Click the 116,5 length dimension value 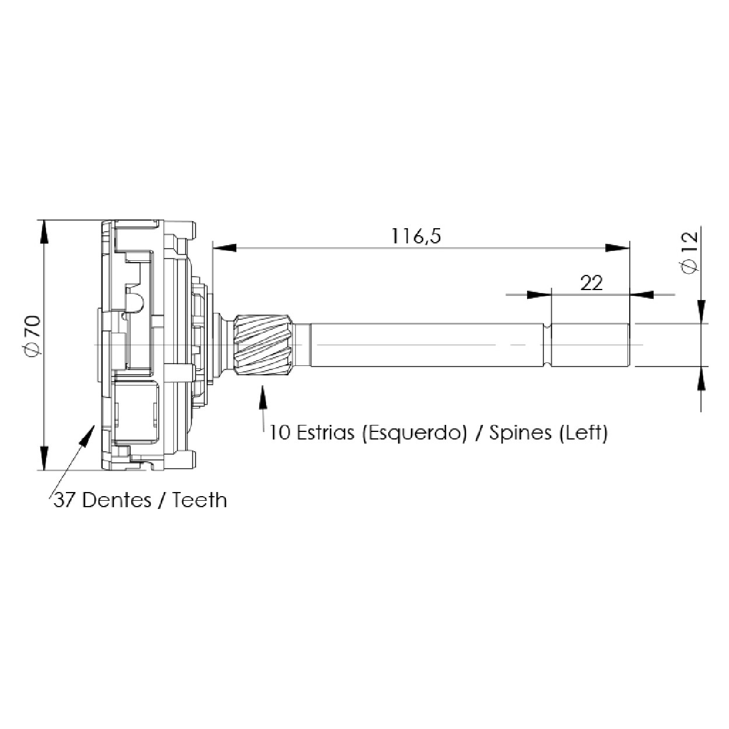click(416, 236)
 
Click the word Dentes click(117, 501)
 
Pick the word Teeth click(200, 501)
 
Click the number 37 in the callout click(65, 501)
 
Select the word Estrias click(326, 432)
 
